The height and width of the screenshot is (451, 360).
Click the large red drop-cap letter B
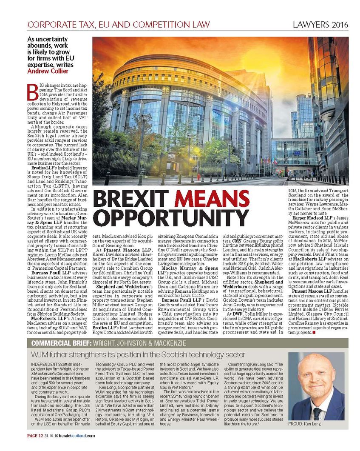(x=31, y=89)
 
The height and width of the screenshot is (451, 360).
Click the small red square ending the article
(x=314, y=332)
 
